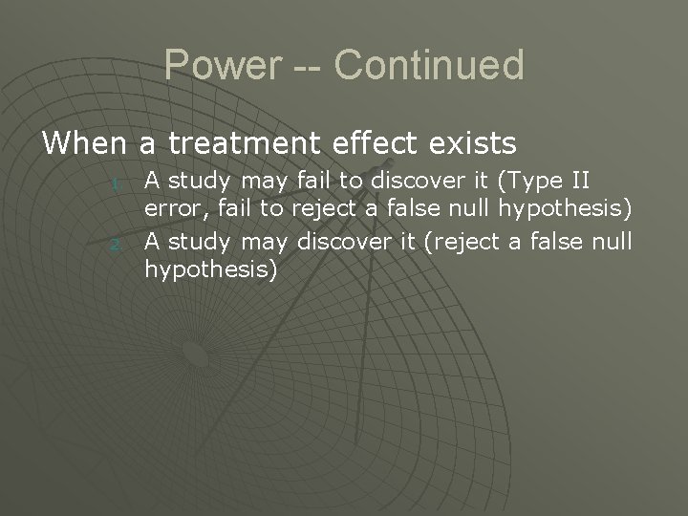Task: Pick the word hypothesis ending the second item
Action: point(210,271)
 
